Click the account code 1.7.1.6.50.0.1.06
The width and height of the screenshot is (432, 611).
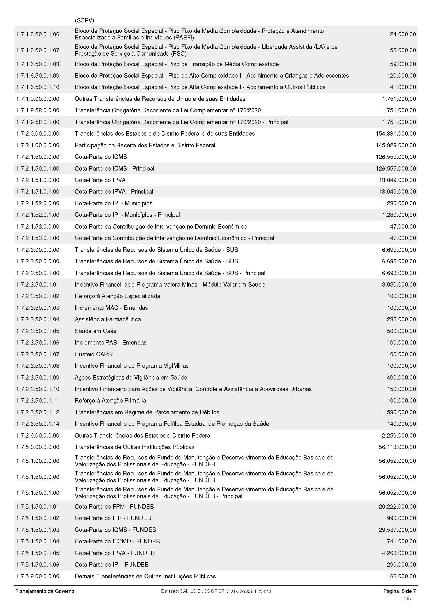tap(38, 34)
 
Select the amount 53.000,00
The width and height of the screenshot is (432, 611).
tap(403, 50)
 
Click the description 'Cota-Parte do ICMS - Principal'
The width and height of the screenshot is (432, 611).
tap(114, 168)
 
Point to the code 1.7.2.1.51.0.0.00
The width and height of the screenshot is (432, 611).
tap(38, 180)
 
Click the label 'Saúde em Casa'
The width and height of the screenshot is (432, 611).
tap(96, 331)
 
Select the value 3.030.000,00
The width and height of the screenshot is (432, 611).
tap(399, 284)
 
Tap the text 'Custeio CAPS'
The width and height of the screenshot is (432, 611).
tap(93, 354)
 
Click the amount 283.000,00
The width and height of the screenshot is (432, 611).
tap(401, 319)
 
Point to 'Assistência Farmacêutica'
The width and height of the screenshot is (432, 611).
tap(108, 319)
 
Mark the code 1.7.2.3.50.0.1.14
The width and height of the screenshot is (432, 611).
tap(38, 424)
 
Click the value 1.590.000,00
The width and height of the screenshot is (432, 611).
tap(399, 412)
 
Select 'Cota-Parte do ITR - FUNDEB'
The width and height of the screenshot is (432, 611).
tap(113, 518)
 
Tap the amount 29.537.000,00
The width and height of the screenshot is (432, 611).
tap(397, 530)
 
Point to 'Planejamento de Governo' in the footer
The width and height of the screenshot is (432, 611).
tap(45, 591)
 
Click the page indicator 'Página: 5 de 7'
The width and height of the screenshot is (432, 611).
tap(400, 591)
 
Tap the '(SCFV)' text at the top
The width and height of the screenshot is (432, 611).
tap(84, 20)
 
